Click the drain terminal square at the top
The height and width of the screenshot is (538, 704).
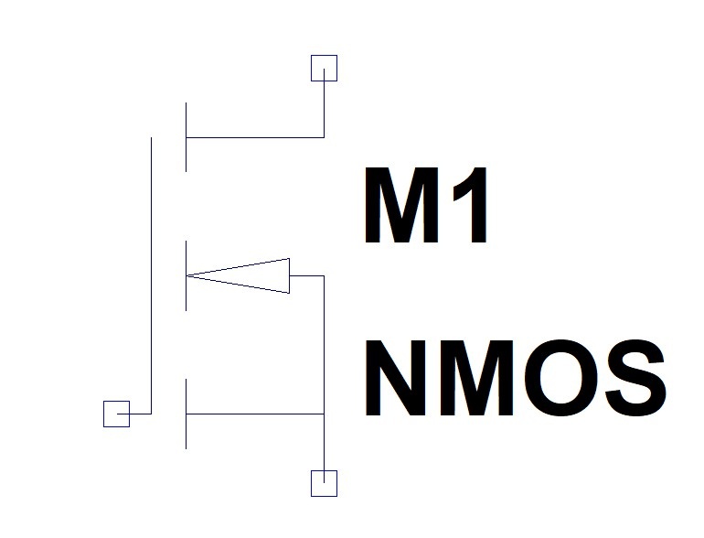point(324,68)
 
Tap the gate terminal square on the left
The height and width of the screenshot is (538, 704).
point(116,414)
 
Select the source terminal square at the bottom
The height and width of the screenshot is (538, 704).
point(324,483)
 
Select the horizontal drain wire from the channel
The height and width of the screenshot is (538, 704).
point(256,137)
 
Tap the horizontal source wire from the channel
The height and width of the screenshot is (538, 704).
point(256,414)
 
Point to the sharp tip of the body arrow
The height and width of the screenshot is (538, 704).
point(189,275)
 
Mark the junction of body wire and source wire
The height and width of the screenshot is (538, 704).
point(325,414)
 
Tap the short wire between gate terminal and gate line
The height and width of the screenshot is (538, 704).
point(140,414)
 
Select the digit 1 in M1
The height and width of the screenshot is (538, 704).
point(471,208)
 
